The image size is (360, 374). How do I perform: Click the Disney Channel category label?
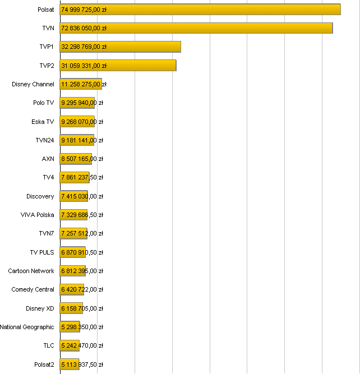[x=33, y=84]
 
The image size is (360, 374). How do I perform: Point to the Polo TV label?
[x=44, y=103]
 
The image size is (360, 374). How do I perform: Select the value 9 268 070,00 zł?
[x=82, y=122]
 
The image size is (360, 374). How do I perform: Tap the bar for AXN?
[x=76, y=159]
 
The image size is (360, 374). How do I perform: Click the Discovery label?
[x=40, y=196]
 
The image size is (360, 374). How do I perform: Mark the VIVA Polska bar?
[x=73, y=215]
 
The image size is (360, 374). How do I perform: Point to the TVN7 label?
[x=47, y=233]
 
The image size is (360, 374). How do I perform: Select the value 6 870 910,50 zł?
[x=82, y=252]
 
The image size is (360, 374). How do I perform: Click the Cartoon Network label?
[x=31, y=271]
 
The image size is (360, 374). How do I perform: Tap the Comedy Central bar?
[x=72, y=289]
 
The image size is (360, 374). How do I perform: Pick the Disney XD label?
[x=40, y=308]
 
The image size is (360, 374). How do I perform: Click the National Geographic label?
[x=27, y=327]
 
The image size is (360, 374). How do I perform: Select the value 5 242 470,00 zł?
[x=82, y=345]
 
